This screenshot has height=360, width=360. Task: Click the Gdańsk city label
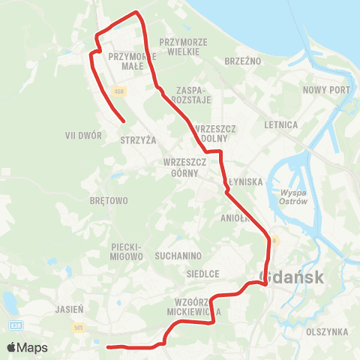coord(293,277)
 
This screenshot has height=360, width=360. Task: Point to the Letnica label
coord(281,124)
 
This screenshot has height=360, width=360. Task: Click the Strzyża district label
coord(138,139)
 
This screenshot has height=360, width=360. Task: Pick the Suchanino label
coord(175,255)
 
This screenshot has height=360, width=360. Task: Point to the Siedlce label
coord(202,274)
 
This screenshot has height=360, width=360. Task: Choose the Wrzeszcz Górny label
coord(179,167)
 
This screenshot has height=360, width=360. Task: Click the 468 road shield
coord(123,91)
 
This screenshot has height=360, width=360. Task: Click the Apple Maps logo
coord(28,347)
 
